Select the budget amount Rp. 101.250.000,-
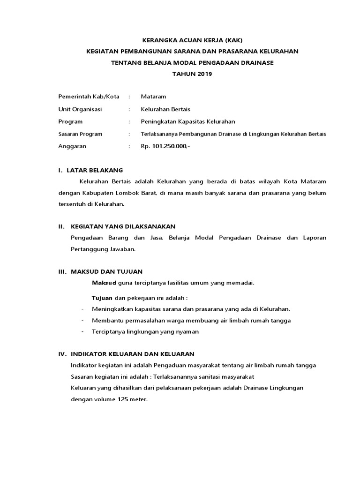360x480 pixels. click(x=165, y=146)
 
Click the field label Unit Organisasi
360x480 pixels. click(x=80, y=109)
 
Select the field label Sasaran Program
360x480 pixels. click(x=80, y=134)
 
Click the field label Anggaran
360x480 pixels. click(x=72, y=146)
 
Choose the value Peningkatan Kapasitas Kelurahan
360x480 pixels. click(x=188, y=121)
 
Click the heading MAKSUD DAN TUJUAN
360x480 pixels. click(x=106, y=271)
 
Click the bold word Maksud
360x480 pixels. click(x=104, y=283)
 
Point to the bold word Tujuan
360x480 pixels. click(x=102, y=298)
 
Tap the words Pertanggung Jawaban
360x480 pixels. click(x=103, y=249)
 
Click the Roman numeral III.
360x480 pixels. click(x=62, y=271)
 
